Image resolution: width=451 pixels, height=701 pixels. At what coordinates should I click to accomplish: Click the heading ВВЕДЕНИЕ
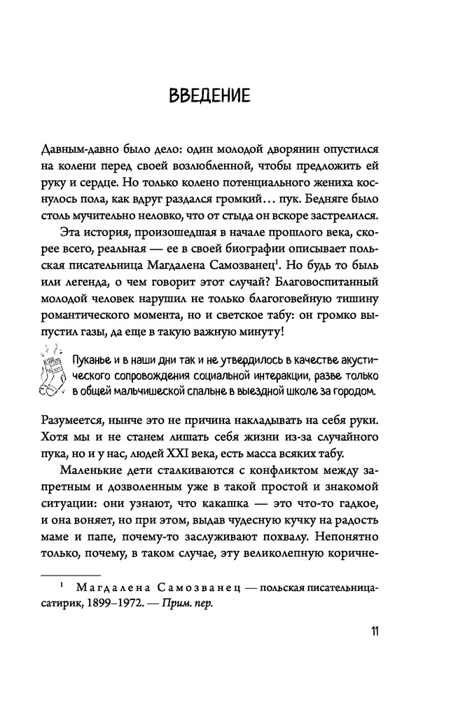209,95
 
